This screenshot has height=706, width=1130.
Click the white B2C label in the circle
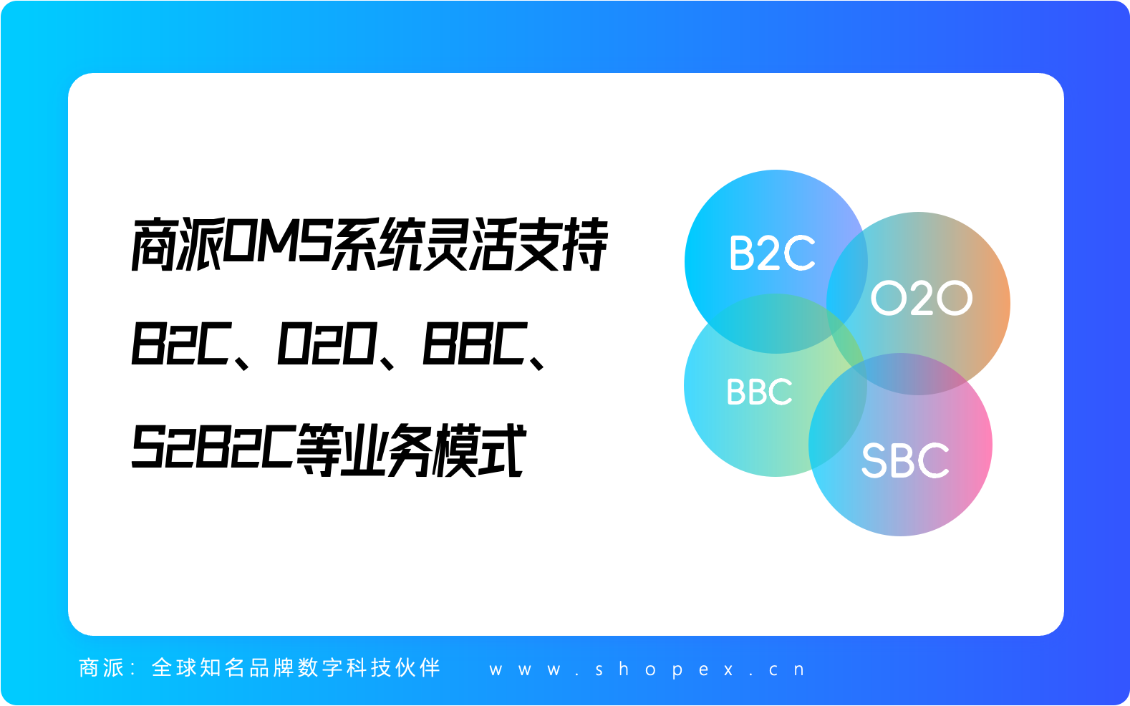pos(773,253)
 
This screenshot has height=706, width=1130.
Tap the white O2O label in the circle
pos(922,298)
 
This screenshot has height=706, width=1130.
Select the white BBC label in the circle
pos(759,392)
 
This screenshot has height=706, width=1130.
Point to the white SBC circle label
pos(906,460)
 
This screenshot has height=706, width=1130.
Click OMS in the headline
pos(277,245)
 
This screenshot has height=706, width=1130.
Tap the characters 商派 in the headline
pos(177,245)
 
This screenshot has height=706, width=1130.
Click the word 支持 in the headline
pos(561,245)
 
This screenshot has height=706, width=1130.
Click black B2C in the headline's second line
pos(181,344)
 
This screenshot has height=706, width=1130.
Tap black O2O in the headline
pos(327,344)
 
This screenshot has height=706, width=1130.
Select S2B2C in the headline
pos(213,447)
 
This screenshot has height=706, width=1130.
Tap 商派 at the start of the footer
pos(102,667)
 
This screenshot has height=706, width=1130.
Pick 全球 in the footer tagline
pos(173,667)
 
